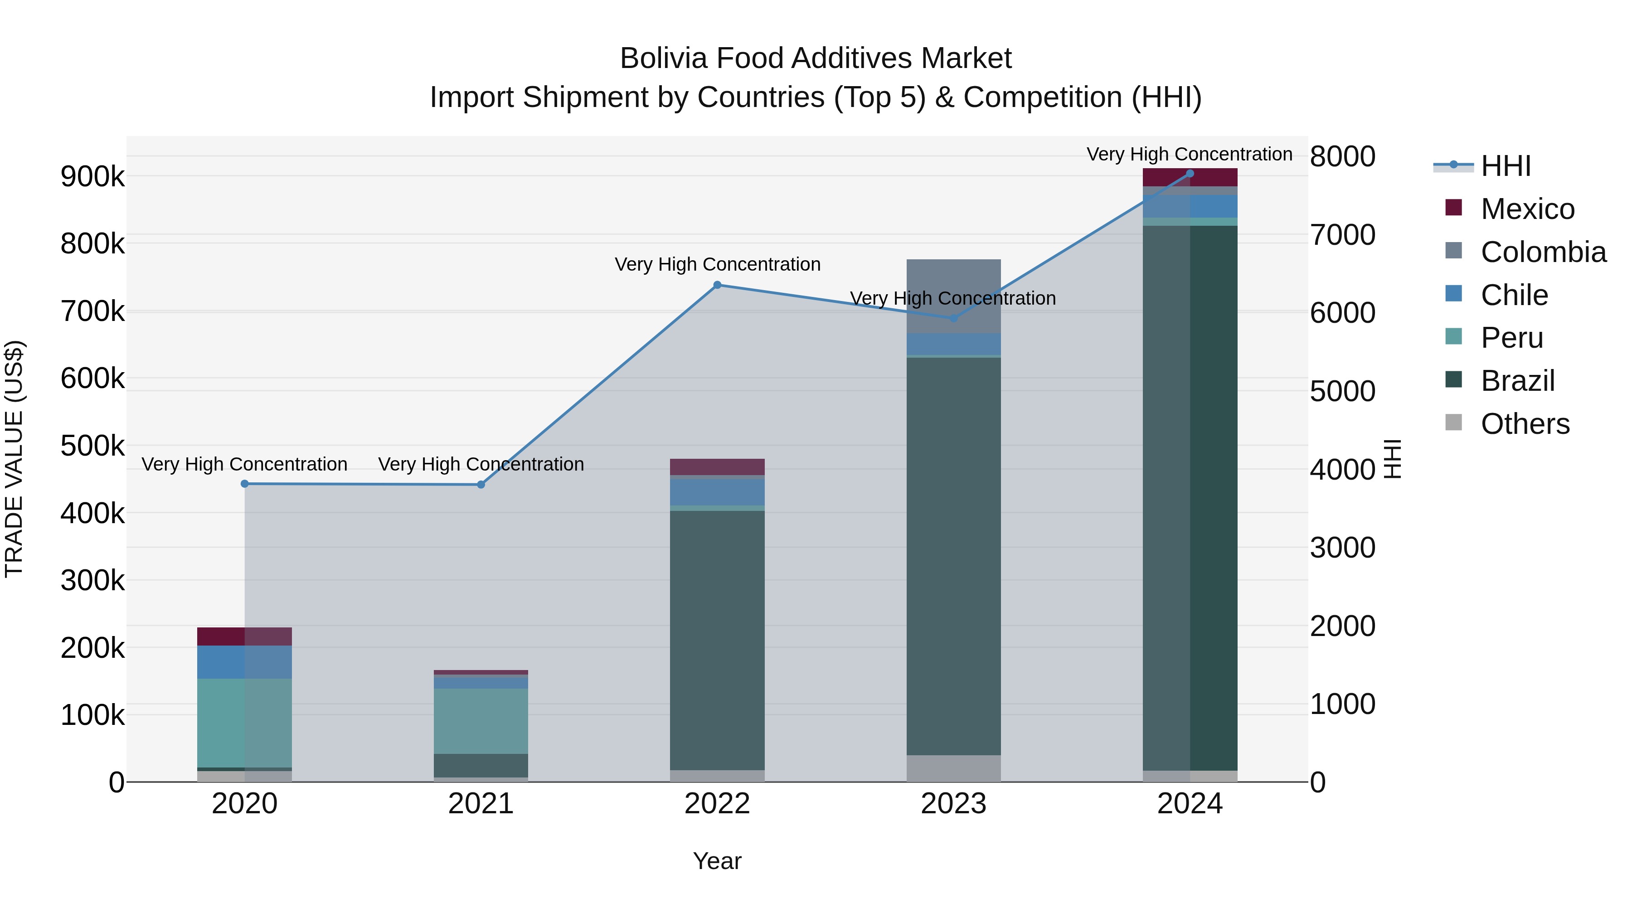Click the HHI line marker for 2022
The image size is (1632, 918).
pyautogui.click(x=717, y=285)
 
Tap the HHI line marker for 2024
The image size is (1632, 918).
pyautogui.click(x=1190, y=174)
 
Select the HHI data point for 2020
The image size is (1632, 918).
pyautogui.click(x=244, y=484)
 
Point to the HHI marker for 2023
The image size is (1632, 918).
pyautogui.click(x=953, y=318)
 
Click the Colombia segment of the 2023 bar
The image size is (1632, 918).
pyautogui.click(x=953, y=296)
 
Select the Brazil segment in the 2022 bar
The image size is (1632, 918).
pyautogui.click(x=717, y=640)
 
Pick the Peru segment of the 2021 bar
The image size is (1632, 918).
pyautogui.click(x=481, y=721)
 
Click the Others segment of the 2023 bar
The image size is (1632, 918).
pyautogui.click(x=953, y=768)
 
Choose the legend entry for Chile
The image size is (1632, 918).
pyautogui.click(x=1514, y=295)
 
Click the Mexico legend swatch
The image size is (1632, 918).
pyautogui.click(x=1453, y=208)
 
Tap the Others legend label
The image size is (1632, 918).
pyautogui.click(x=1525, y=424)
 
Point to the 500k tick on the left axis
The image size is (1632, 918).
pyautogui.click(x=92, y=446)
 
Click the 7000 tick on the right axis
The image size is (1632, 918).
pyautogui.click(x=1342, y=235)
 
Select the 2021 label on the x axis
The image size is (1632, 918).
pyautogui.click(x=481, y=804)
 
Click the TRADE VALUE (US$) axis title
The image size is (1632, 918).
pyautogui.click(x=14, y=459)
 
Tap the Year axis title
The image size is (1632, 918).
pyautogui.click(x=717, y=861)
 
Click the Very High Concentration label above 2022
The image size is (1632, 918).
pyautogui.click(x=717, y=264)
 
